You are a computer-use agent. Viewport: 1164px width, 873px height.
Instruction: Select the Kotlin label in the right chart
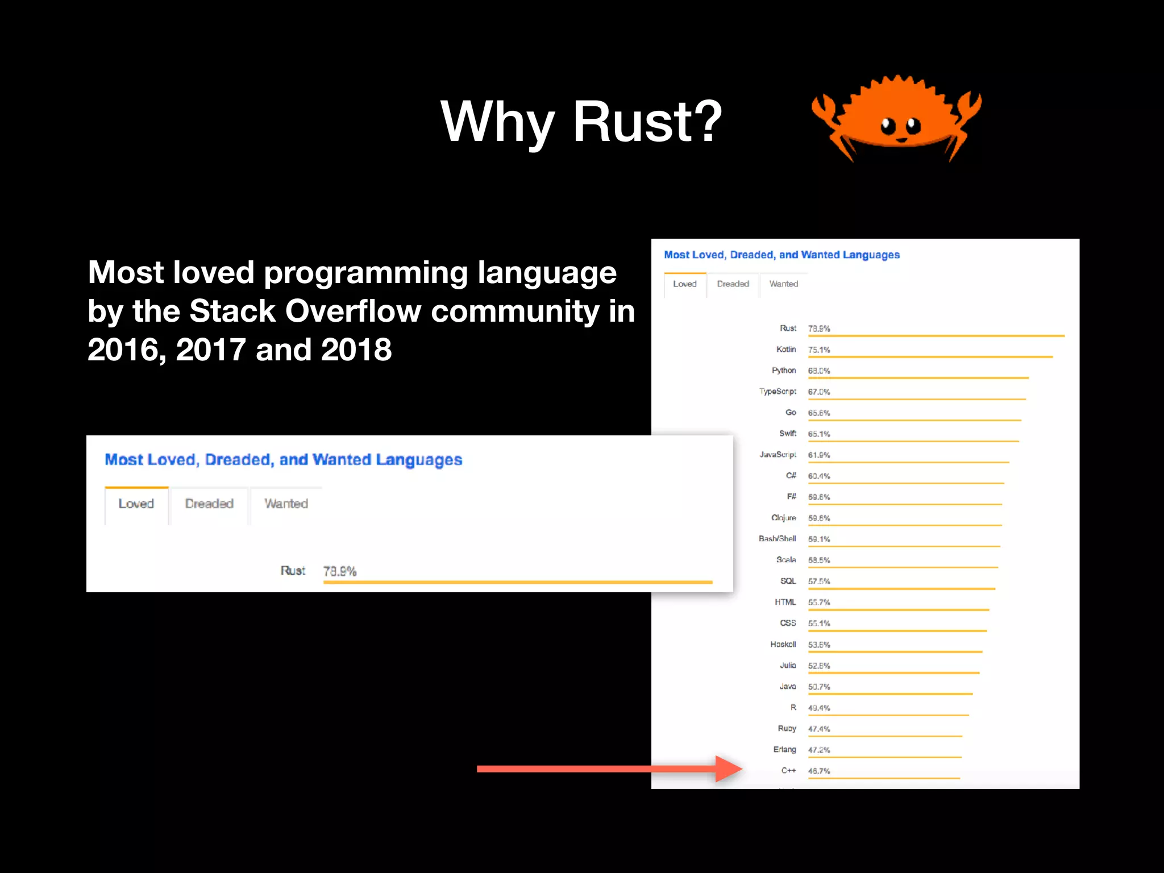coord(786,350)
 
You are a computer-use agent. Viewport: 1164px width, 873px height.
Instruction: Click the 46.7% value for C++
coord(819,771)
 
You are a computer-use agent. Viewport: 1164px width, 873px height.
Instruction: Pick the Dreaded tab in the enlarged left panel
coord(209,504)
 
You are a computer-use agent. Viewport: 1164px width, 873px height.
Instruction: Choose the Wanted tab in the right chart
coord(783,284)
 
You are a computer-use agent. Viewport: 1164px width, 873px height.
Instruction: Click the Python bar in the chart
coord(918,377)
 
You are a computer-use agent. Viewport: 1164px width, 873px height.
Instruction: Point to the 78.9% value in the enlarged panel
coord(340,571)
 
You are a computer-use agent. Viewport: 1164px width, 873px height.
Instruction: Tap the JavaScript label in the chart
coord(778,455)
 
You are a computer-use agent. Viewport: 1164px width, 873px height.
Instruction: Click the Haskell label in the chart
coord(783,645)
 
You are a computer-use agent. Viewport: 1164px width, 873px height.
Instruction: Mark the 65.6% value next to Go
coord(819,413)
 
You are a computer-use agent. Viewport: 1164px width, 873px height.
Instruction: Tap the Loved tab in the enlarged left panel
coord(136,504)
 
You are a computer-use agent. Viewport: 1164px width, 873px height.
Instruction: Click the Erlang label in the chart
coord(784,750)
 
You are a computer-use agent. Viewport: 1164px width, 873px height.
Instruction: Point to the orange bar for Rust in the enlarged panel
coord(518,583)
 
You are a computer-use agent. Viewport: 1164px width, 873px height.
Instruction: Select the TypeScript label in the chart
coord(778,392)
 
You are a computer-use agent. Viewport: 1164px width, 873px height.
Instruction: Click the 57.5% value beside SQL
coord(819,581)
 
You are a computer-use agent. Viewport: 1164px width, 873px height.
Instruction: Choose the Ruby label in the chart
coord(787,729)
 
